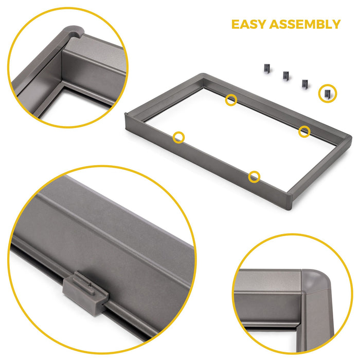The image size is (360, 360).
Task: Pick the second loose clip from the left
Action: coord(285,76)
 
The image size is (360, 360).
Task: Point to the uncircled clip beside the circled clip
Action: coord(304,83)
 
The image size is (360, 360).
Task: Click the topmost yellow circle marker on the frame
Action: coord(231,100)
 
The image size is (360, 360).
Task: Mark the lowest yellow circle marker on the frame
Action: coord(254,177)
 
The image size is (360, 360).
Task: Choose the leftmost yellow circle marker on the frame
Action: coord(178,137)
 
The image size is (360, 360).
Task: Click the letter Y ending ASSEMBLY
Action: coord(335,24)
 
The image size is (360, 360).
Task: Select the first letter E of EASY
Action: coord(235,24)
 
